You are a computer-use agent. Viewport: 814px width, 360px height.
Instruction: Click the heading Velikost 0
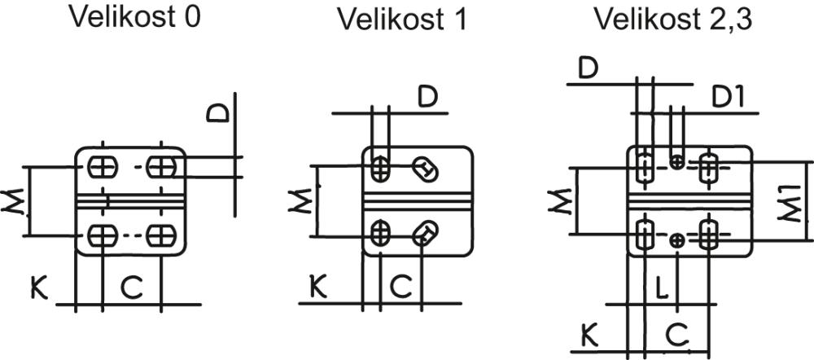134,18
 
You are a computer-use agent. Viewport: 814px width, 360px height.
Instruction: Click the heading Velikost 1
403,20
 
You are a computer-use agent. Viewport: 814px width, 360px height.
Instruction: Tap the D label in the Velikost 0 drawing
218,111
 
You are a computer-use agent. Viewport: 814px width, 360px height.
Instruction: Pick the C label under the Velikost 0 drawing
131,287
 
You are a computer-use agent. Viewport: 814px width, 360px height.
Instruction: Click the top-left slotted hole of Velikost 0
102,167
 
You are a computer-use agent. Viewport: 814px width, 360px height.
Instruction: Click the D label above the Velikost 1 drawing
428,96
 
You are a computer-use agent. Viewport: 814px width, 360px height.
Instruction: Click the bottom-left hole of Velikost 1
379,233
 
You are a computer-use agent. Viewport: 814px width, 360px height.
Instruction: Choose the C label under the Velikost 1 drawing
400,287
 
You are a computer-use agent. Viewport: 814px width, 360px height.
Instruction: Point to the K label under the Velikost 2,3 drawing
589,333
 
